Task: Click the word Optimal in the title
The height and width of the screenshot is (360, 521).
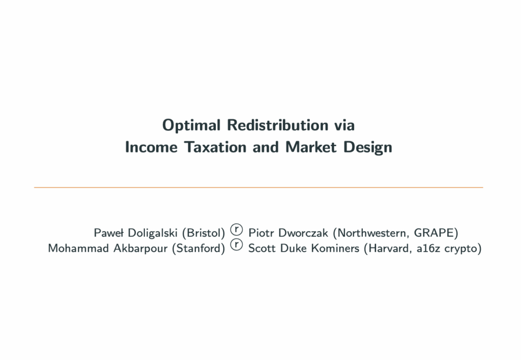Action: click(191, 126)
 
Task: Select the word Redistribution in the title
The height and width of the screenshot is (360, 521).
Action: click(277, 125)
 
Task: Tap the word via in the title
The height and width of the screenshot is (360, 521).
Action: click(344, 125)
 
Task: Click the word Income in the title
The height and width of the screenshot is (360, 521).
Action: click(151, 147)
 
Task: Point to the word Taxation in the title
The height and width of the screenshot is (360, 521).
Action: click(215, 147)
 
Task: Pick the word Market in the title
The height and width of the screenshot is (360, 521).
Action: click(311, 147)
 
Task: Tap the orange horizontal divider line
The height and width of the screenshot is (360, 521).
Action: click(258, 188)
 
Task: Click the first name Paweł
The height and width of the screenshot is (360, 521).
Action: click(109, 233)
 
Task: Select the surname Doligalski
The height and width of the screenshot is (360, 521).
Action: click(153, 233)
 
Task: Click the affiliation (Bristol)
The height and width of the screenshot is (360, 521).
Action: click(204, 233)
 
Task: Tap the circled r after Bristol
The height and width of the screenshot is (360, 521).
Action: click(236, 229)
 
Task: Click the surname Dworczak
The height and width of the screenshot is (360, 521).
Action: click(303, 233)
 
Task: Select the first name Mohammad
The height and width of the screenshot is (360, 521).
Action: click(78, 248)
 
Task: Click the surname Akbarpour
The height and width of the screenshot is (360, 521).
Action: click(140, 249)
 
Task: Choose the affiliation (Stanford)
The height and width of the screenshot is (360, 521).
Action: click(198, 249)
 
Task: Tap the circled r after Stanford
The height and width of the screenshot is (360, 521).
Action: click(236, 245)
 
